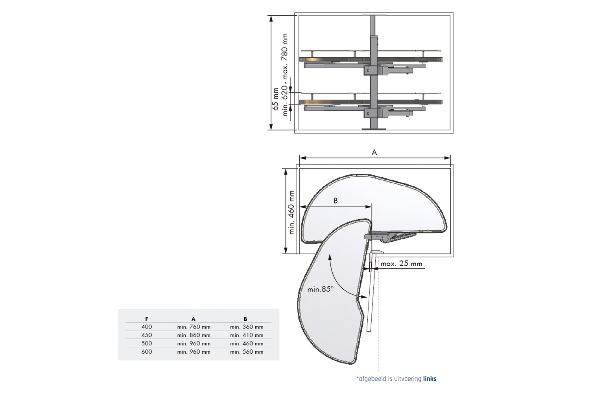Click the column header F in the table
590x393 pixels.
pyautogui.click(x=147, y=319)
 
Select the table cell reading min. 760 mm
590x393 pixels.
pyautogui.click(x=194, y=327)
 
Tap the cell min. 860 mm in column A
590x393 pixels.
pyautogui.click(x=194, y=335)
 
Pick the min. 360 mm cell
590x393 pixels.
pyautogui.click(x=247, y=327)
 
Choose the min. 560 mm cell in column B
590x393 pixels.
pyautogui.click(x=247, y=352)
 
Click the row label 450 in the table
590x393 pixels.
pyautogui.click(x=147, y=335)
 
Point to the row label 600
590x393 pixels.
pyautogui.click(x=147, y=352)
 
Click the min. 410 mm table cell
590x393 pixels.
pyautogui.click(x=247, y=335)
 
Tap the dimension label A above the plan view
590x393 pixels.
pyautogui.click(x=374, y=152)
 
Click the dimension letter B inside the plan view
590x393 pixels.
pyautogui.click(x=336, y=200)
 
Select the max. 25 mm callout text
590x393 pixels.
pyautogui.click(x=402, y=263)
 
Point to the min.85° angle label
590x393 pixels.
pyautogui.click(x=320, y=289)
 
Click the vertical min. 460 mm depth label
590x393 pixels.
pyautogui.click(x=291, y=212)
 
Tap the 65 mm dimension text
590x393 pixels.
pyautogui.click(x=275, y=99)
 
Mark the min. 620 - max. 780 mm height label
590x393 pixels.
pyautogui.click(x=285, y=75)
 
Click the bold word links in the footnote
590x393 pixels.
pyautogui.click(x=430, y=379)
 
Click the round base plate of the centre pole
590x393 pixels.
pyautogui.click(x=373, y=129)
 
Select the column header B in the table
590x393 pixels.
pyautogui.click(x=245, y=319)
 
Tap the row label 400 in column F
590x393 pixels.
pyautogui.click(x=147, y=327)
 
